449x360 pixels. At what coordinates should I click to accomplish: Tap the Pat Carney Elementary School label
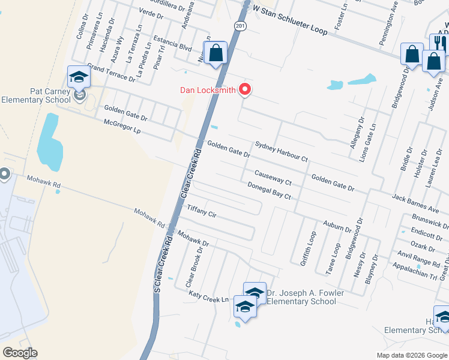[36, 95]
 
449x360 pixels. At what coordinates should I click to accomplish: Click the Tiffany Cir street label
[202, 211]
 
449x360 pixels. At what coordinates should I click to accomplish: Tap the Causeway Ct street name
[273, 178]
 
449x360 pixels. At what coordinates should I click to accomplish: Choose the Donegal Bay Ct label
[269, 191]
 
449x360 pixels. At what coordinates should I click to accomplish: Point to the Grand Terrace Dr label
[111, 72]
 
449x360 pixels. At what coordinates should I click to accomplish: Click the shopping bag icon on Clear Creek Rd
[215, 53]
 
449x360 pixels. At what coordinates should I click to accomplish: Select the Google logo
[20, 352]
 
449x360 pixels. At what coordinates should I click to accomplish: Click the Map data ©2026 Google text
[411, 355]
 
